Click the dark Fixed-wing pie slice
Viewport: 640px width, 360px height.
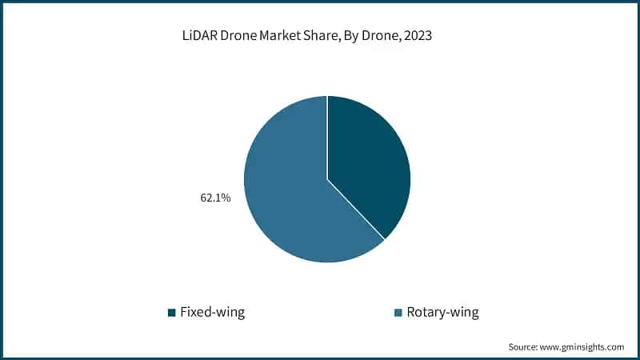click(368, 160)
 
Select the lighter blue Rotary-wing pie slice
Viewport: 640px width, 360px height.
click(288, 192)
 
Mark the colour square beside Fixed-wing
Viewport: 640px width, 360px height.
click(171, 313)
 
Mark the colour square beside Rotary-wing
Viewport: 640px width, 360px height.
click(398, 313)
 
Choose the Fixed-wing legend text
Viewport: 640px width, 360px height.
click(212, 312)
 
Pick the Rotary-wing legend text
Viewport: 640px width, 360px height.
click(442, 312)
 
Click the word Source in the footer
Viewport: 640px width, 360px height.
click(524, 347)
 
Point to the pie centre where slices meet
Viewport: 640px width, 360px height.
click(327, 178)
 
